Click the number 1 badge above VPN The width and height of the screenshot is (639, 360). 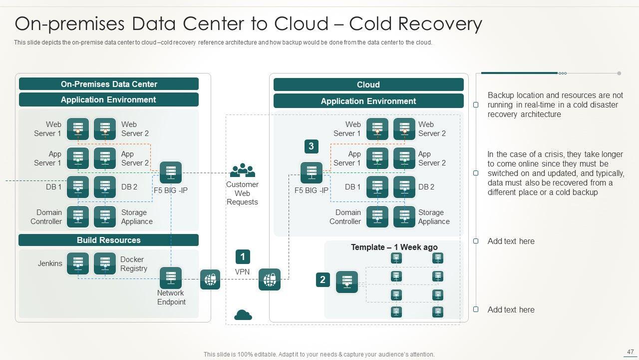243,256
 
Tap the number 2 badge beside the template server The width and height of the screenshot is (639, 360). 322,279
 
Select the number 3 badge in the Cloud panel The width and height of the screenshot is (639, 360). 311,146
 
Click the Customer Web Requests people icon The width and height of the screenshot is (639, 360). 243,170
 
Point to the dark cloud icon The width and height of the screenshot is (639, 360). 243,315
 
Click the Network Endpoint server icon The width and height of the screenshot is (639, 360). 171,278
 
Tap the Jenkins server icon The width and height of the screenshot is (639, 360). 78,263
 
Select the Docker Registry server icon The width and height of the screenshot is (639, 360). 105,263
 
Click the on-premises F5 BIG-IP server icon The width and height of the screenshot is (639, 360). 171,172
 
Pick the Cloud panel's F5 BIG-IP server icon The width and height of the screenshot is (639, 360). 311,173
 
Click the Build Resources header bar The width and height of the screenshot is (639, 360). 109,240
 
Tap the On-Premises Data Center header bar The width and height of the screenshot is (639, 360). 109,84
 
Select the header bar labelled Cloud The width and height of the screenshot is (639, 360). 368,84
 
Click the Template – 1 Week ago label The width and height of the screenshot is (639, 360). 394,247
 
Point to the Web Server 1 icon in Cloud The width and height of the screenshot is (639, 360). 377,129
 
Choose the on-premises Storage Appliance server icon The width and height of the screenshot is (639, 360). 105,217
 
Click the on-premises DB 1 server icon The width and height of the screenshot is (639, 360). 78,187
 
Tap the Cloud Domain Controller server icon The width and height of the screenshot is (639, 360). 377,217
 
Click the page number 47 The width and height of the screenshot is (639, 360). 630,351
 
